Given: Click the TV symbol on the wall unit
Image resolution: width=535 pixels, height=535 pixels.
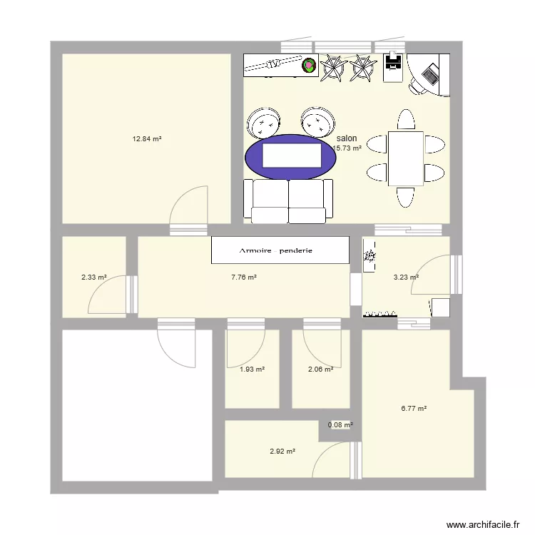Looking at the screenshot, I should (272, 64).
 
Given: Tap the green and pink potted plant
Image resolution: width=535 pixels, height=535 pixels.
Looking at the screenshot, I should (309, 66).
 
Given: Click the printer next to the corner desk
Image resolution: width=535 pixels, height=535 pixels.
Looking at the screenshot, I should (393, 67).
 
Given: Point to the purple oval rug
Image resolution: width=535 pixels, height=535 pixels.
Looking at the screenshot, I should (290, 157).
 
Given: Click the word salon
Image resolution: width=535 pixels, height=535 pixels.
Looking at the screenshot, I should (347, 138).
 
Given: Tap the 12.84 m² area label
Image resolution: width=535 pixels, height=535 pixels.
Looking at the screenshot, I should (146, 139).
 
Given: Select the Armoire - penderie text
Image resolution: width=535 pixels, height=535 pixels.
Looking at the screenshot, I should (280, 251).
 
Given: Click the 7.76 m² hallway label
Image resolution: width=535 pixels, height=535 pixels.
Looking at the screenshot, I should (244, 277).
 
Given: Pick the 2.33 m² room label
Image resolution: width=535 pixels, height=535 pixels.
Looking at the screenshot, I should (93, 277).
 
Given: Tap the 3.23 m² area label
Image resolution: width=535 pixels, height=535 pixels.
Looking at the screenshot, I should (406, 277).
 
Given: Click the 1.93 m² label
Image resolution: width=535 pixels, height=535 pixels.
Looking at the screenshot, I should (252, 369).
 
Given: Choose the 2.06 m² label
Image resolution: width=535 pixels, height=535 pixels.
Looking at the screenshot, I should (320, 369).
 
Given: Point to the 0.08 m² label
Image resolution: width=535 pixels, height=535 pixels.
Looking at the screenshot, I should (340, 425).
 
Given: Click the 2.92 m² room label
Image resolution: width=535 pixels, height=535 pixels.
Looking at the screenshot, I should (282, 451).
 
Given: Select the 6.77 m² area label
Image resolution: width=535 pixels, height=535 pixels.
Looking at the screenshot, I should (414, 409).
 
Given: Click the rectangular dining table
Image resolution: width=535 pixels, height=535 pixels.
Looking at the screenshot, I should (405, 158).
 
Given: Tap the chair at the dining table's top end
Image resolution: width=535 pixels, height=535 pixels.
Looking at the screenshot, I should (405, 119).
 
